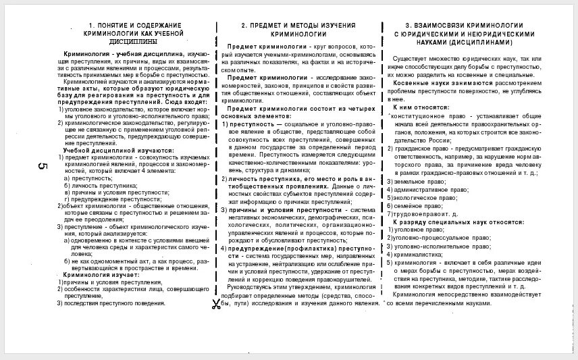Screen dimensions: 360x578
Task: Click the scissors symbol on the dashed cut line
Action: click(216, 304)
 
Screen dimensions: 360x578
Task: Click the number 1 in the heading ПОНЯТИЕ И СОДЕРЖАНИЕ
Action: click(91, 26)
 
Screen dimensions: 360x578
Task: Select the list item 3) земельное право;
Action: click(417, 182)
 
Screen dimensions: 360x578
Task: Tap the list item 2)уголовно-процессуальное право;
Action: click(441, 238)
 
